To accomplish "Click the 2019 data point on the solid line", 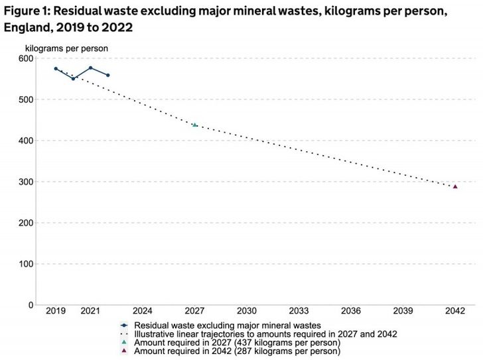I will click(x=56, y=68).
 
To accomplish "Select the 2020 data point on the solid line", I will click(x=73, y=79).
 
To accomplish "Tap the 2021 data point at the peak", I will click(x=90, y=68).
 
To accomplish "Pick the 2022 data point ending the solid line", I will click(x=107, y=75).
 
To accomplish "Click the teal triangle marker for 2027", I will click(x=194, y=125).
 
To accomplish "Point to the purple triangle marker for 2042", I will click(x=455, y=186).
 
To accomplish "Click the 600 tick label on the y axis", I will click(x=25, y=58).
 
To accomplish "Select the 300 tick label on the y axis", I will click(x=25, y=182).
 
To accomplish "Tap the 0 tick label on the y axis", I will click(x=31, y=305).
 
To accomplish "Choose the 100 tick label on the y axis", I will click(x=25, y=264).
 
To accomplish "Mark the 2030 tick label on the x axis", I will click(x=247, y=310).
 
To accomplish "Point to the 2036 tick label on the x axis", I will click(x=351, y=310).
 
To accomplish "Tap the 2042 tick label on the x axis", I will click(x=455, y=310).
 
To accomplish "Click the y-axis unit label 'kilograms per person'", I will click(x=66, y=48).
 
